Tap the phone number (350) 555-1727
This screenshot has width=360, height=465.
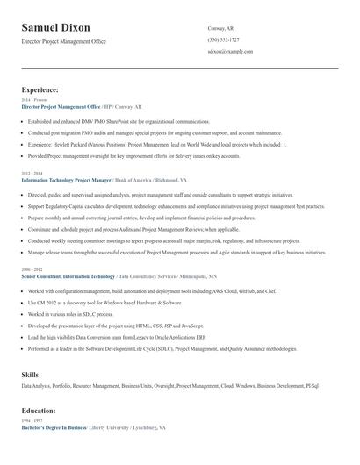(223, 40)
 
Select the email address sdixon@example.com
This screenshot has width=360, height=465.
(230, 52)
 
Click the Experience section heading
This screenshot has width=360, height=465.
(40, 89)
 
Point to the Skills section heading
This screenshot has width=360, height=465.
(31, 376)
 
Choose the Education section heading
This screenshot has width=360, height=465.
(39, 411)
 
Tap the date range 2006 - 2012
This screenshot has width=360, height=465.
(32, 269)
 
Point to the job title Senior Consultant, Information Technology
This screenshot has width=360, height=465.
(68, 275)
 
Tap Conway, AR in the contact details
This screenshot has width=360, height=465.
(220, 29)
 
